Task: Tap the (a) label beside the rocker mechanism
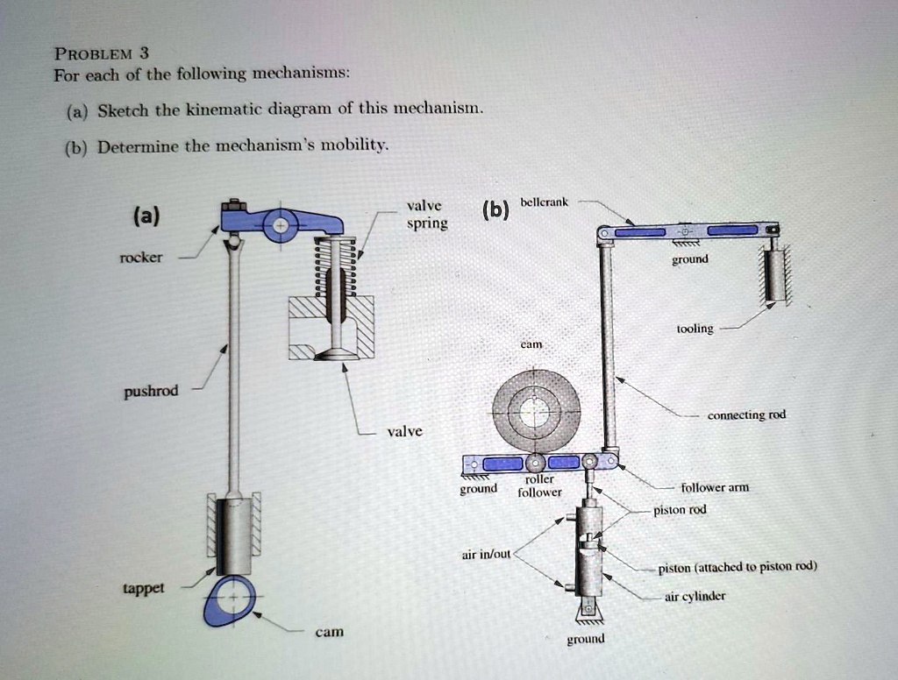click(147, 216)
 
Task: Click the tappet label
click(143, 588)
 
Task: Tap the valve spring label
click(426, 215)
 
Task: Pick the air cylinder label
click(696, 598)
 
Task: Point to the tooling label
click(695, 329)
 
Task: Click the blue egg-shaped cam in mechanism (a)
click(229, 603)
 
